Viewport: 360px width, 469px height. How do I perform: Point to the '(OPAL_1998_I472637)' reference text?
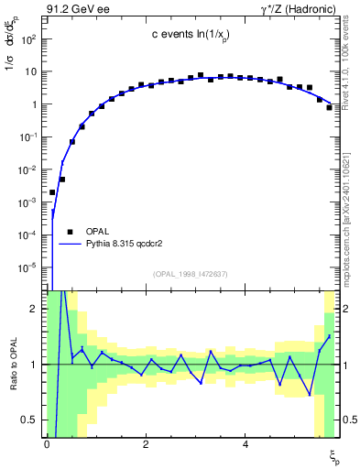tap(191, 273)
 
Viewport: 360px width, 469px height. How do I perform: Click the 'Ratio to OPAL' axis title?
tap(11, 365)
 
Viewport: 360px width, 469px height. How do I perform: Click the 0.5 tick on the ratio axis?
tap(30, 420)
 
